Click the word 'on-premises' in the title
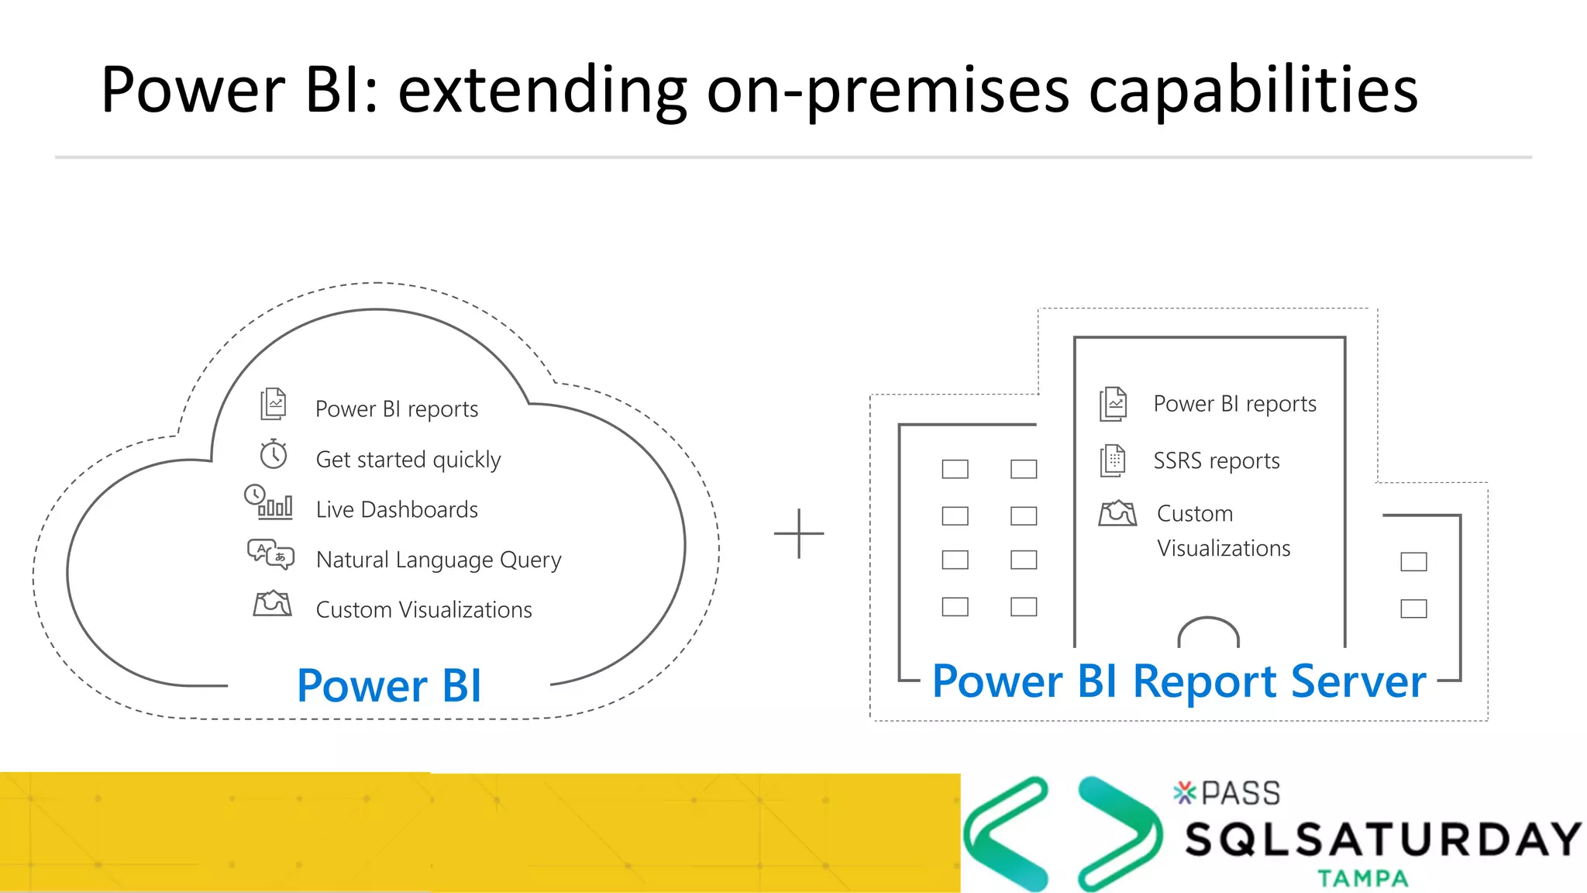[887, 91]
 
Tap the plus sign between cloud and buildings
[799, 533]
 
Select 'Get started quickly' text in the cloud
[408, 460]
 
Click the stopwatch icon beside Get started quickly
[274, 454]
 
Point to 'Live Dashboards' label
[397, 510]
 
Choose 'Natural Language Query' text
[438, 560]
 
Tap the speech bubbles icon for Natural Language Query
[270, 554]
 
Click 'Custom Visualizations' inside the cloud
[424, 610]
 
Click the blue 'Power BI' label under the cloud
[389, 686]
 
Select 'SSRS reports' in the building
[1216, 461]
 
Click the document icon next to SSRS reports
[1113, 460]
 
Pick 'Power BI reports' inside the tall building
[1234, 404]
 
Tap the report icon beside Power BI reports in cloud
[274, 404]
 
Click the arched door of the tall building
[1208, 633]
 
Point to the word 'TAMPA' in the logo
[1363, 878]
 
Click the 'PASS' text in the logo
[1240, 793]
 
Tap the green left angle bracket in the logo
[1005, 833]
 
